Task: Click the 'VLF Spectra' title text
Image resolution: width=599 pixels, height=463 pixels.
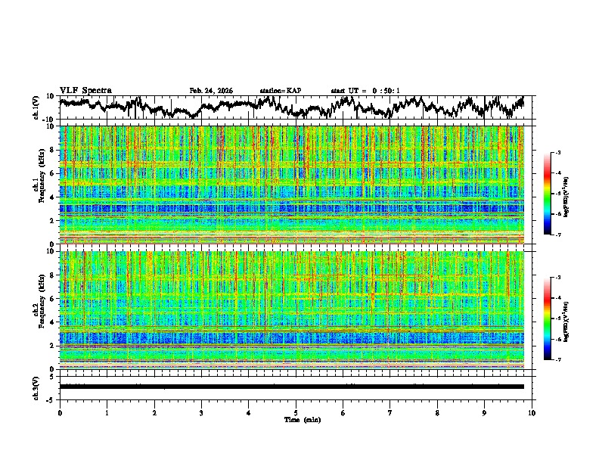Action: [x=85, y=90]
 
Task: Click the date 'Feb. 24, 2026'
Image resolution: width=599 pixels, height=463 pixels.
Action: [x=211, y=91]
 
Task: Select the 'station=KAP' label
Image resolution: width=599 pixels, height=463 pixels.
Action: [x=281, y=91]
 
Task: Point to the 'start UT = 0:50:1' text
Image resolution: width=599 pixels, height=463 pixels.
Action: [x=365, y=91]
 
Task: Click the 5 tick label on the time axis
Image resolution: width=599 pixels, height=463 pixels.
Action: [x=296, y=412]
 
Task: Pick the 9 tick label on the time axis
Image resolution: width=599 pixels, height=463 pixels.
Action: [x=485, y=412]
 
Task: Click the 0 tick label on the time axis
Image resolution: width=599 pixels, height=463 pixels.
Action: [x=60, y=412]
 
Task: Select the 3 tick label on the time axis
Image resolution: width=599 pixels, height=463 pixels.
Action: [x=201, y=412]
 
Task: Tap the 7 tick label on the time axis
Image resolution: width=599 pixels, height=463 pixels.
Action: [x=390, y=412]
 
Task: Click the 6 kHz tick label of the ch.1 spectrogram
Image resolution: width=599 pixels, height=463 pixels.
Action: [x=51, y=173]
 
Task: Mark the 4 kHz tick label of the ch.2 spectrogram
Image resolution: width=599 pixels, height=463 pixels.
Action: [x=51, y=322]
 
